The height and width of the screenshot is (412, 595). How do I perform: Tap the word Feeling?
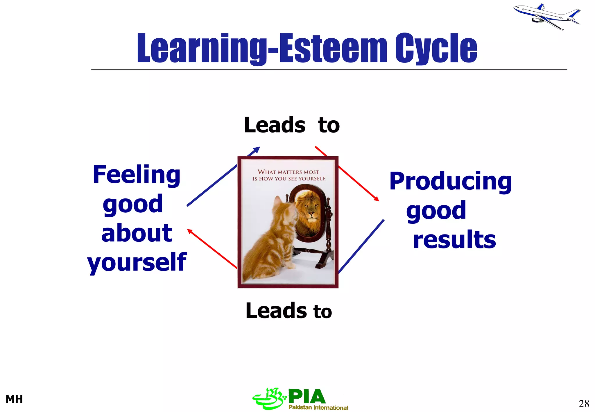pos(137,175)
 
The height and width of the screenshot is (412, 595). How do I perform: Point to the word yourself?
pos(137,262)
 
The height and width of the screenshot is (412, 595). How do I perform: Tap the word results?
pos(454,239)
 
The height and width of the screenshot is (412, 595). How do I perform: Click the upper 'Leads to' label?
pos(292,125)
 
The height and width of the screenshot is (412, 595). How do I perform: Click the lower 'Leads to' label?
pos(288,311)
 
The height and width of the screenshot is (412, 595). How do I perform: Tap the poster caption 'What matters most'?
pos(288,172)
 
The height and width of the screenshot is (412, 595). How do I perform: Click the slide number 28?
pos(584,404)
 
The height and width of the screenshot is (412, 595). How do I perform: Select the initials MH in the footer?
pos(14,399)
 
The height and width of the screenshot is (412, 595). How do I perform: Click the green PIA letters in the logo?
pos(307,396)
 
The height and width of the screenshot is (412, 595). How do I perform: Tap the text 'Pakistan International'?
pos(318,407)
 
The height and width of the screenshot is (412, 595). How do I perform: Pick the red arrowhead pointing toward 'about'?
pos(190,231)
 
